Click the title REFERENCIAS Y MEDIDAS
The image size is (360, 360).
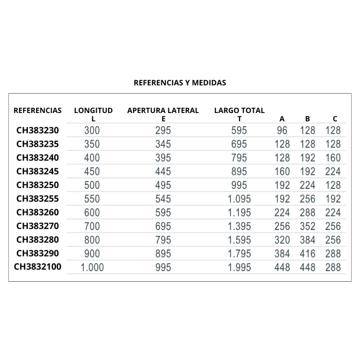[x=180, y=83]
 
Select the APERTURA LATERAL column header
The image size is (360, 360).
[x=163, y=110]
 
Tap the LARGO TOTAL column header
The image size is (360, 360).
[x=239, y=110]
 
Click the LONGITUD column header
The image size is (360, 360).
[x=93, y=110]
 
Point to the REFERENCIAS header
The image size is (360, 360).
[x=38, y=110]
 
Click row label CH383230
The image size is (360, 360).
[x=38, y=131]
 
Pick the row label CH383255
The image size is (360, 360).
[x=38, y=198]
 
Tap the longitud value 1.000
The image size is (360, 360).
[x=92, y=267]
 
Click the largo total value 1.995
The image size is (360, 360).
[x=239, y=267]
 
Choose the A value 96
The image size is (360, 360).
[x=282, y=131]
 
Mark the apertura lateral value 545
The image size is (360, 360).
[x=163, y=199]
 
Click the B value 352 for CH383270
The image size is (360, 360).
[x=308, y=226]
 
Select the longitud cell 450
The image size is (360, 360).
[x=92, y=172]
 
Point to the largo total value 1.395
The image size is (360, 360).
[x=239, y=226]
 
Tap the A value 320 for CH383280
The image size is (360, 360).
[x=282, y=239]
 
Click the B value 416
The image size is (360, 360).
[x=308, y=253]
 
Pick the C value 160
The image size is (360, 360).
[x=333, y=158]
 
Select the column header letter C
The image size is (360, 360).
[x=335, y=119]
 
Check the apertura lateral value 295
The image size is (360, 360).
[x=163, y=131]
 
